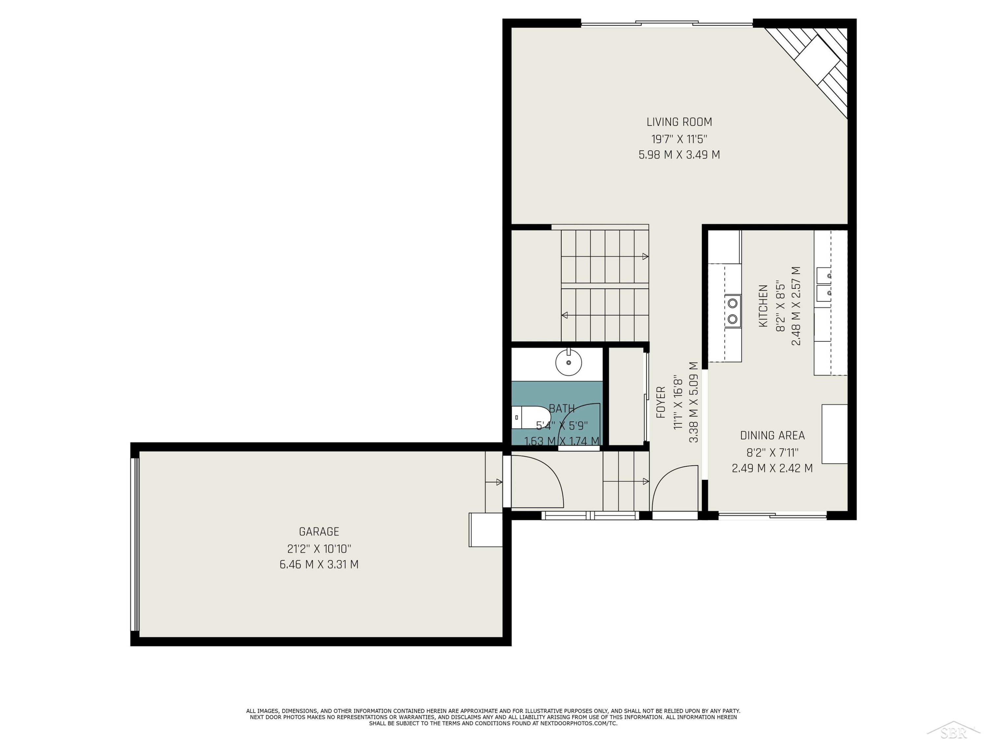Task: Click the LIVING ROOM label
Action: click(679, 122)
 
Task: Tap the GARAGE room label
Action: click(319, 532)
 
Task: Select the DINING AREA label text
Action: click(772, 435)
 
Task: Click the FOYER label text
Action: click(661, 402)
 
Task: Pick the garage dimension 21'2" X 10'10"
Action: click(319, 548)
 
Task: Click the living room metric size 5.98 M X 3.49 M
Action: click(679, 155)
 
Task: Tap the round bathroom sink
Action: click(569, 362)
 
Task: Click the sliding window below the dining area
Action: click(772, 516)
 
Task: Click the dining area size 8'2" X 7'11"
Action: click(772, 452)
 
